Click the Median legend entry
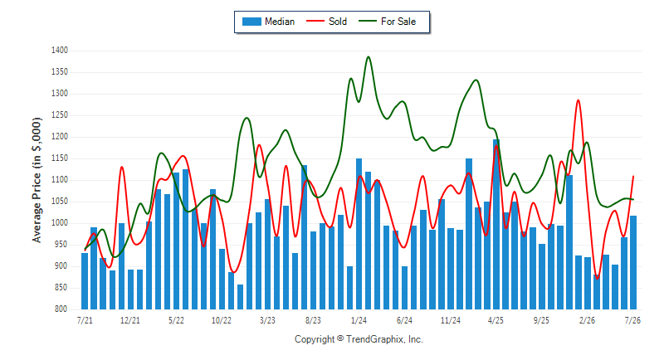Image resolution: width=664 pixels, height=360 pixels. click(x=268, y=22)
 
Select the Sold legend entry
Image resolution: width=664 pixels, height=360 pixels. click(x=326, y=22)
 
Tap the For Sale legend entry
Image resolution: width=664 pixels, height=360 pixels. click(x=387, y=22)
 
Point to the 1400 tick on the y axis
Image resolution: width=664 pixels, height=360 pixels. click(x=60, y=51)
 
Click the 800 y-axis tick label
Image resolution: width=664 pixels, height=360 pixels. click(x=61, y=309)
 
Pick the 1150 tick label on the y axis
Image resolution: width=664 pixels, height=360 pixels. click(x=60, y=158)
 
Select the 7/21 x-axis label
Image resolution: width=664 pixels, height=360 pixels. click(x=85, y=320)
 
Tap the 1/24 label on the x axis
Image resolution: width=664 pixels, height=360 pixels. click(x=359, y=320)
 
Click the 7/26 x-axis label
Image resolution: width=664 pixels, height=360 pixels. click(x=632, y=320)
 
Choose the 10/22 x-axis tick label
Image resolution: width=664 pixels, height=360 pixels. click(x=222, y=320)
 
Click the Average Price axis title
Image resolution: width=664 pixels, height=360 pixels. click(x=37, y=180)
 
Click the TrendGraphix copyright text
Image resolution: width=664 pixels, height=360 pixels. click(x=359, y=339)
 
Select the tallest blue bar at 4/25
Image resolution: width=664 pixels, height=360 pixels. click(x=496, y=224)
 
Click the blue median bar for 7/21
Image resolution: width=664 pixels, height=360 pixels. click(x=85, y=281)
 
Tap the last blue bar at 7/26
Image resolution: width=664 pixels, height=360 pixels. click(x=633, y=262)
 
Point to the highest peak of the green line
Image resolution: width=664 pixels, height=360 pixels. click(x=368, y=56)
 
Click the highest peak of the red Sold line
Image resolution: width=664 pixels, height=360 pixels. click(x=578, y=100)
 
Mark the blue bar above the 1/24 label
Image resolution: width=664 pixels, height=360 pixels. click(x=359, y=234)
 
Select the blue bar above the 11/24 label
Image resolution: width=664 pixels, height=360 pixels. click(x=451, y=269)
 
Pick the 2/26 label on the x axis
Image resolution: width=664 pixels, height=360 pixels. click(x=587, y=320)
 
